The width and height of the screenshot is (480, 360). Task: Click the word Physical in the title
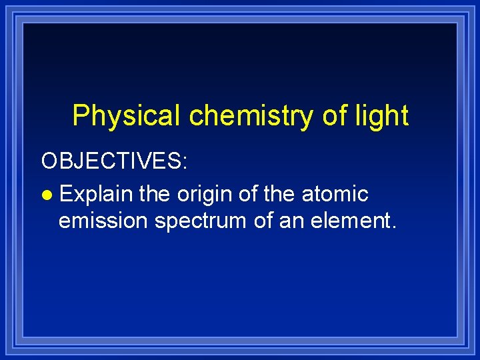(126, 116)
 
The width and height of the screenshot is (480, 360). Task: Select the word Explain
(95, 194)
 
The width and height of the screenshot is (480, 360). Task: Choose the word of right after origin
(245, 194)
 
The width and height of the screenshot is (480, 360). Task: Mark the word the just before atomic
(281, 194)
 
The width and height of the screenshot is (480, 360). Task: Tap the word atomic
(335, 194)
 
